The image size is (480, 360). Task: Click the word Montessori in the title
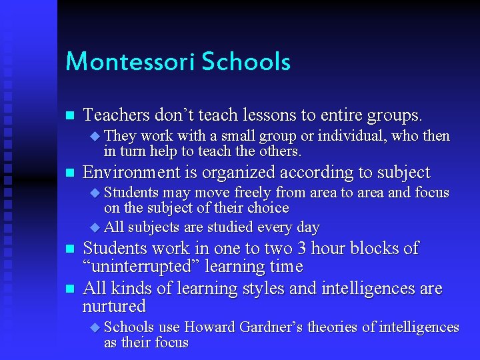pyautogui.click(x=130, y=62)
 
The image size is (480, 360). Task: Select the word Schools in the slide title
pyautogui.click(x=246, y=62)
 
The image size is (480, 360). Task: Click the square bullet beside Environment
pyautogui.click(x=69, y=173)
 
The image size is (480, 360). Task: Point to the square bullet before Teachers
pyautogui.click(x=69, y=116)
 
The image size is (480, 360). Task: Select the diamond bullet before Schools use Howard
pyautogui.click(x=94, y=328)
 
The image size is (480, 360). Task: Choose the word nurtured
pyautogui.click(x=114, y=307)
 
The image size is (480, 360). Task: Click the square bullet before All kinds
pyautogui.click(x=69, y=289)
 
